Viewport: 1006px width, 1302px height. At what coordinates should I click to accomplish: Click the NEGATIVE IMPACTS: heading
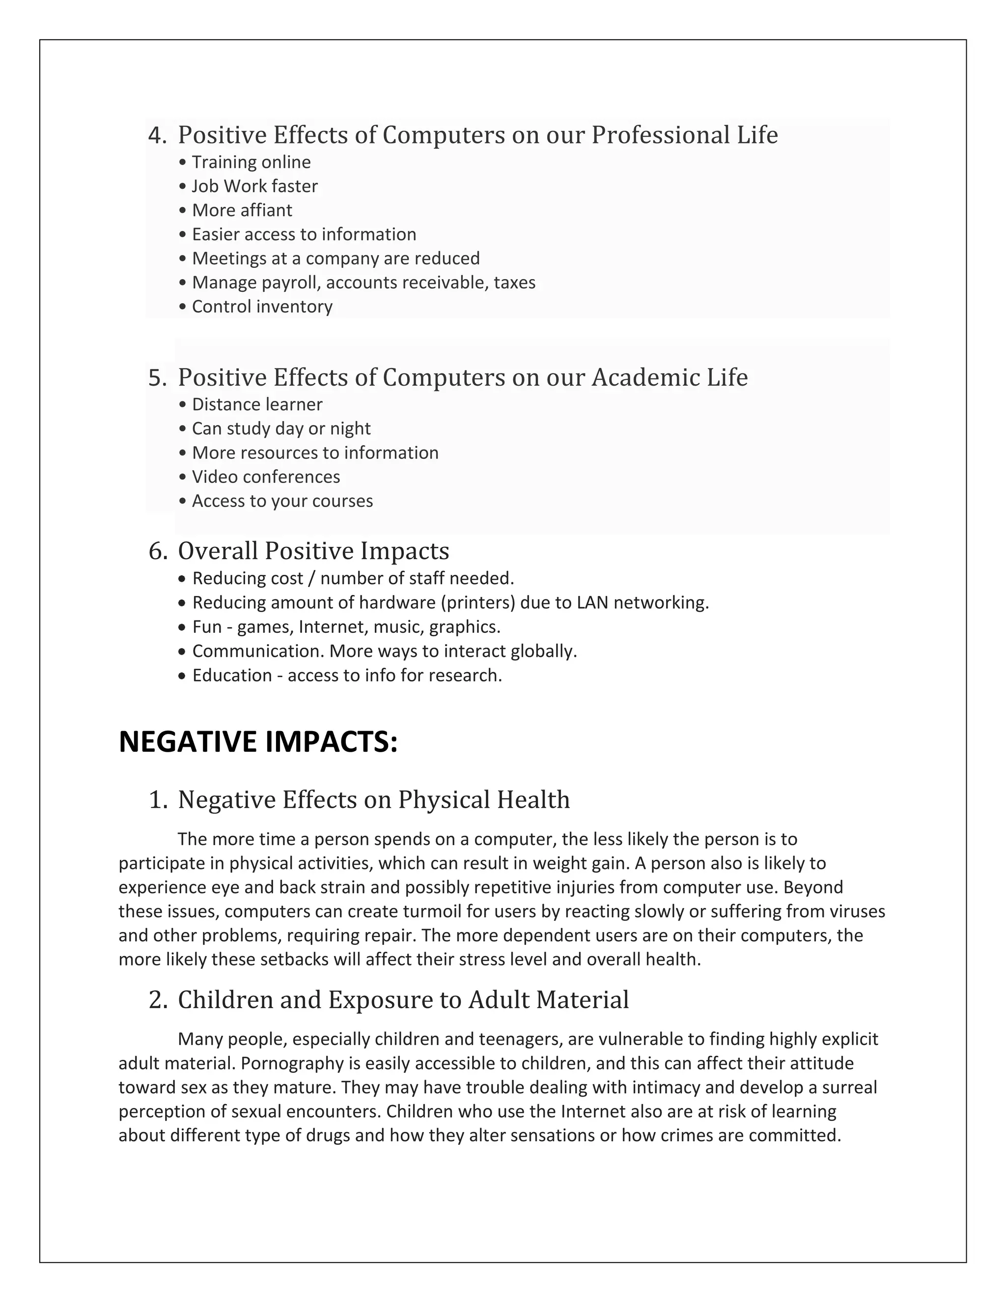point(257,742)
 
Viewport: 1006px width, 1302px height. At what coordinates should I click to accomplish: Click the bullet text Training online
point(251,162)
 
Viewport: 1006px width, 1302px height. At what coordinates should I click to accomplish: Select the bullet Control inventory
point(262,307)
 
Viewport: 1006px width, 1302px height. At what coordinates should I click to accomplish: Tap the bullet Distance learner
point(257,405)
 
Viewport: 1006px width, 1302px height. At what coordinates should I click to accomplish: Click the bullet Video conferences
point(266,477)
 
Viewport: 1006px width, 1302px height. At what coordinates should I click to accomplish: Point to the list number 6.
point(157,551)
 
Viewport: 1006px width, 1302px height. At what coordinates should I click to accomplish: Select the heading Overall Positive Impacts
point(313,551)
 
